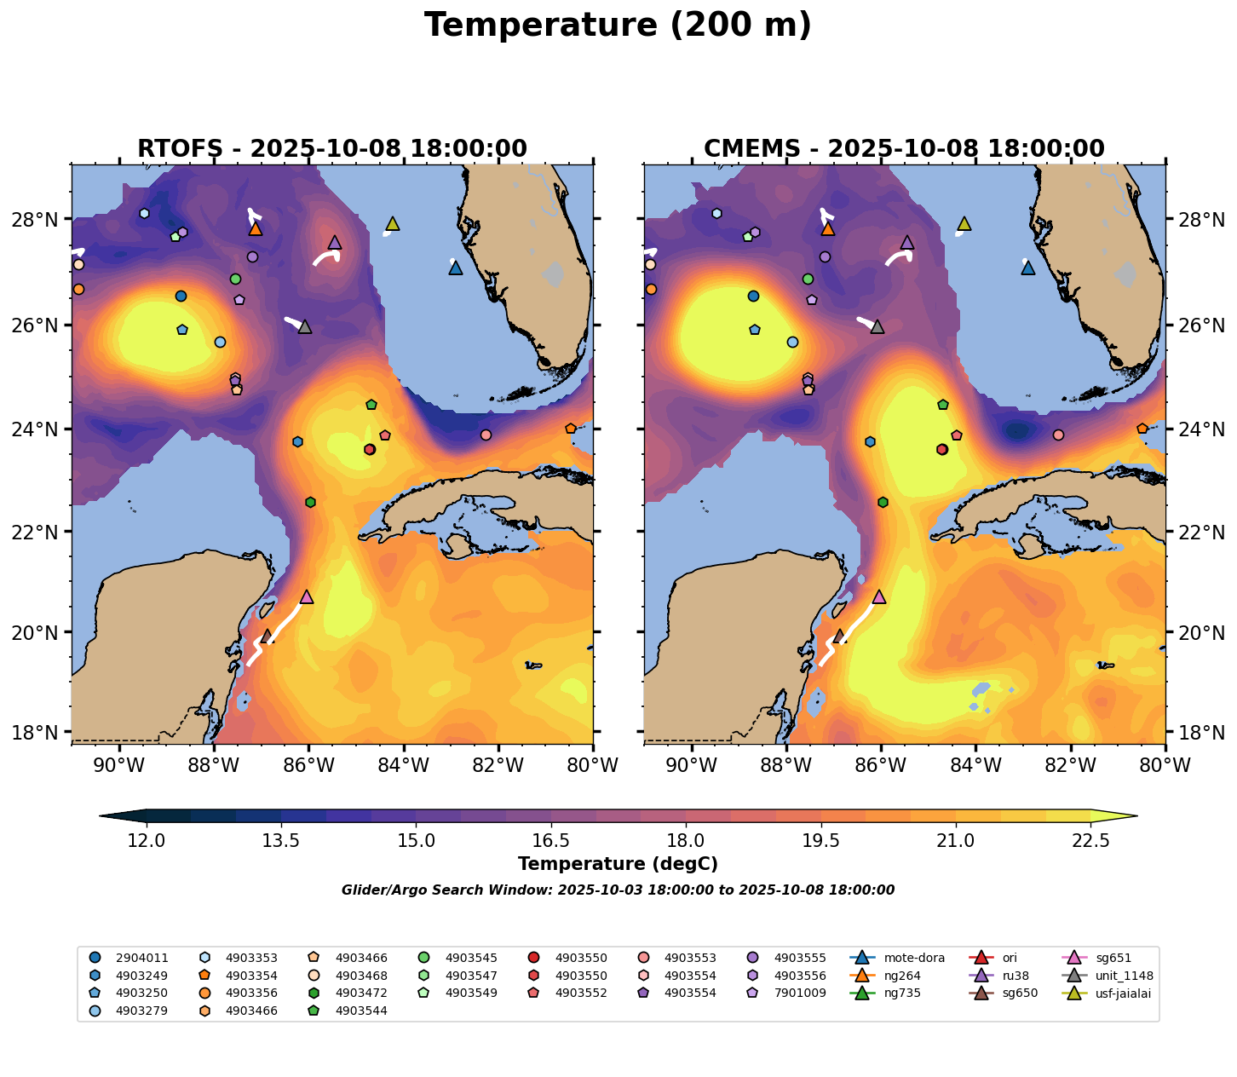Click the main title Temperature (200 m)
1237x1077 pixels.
(x=618, y=26)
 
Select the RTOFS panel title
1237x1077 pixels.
(x=332, y=149)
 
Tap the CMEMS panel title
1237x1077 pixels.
(x=904, y=149)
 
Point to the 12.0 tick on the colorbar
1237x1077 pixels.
(x=147, y=841)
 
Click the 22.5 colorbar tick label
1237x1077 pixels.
(x=1090, y=841)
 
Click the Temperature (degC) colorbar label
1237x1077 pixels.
(x=618, y=864)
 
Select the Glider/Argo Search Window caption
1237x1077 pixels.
(x=618, y=890)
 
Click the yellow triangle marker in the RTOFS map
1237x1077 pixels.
(x=393, y=224)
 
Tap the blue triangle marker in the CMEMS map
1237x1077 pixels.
(x=1028, y=268)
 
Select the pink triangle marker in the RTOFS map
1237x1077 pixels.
(x=307, y=596)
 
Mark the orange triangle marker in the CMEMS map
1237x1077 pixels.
(x=828, y=228)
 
